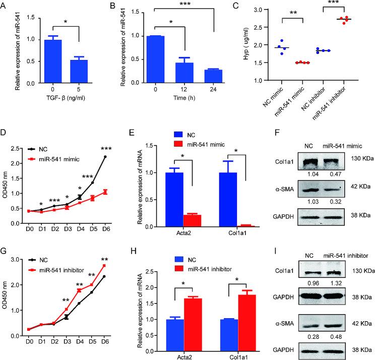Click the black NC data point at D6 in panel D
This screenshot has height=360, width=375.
(x=105, y=157)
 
